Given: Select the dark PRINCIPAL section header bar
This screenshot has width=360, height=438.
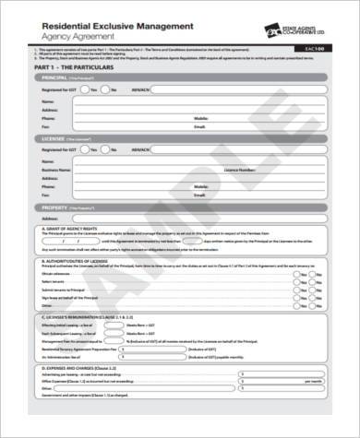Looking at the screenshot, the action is pos(180,79).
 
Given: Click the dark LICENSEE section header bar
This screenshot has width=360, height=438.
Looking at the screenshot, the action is pos(180,137).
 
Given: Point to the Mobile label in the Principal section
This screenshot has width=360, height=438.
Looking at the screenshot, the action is pos(200,119).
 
